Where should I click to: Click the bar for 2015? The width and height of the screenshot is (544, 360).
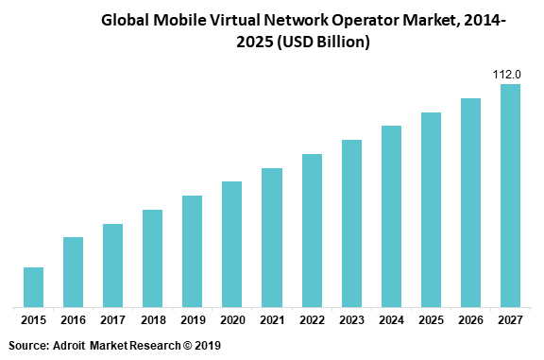point(33,287)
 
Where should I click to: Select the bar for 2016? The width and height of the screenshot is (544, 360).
point(73,272)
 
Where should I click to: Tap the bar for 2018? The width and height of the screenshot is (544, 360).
point(152,258)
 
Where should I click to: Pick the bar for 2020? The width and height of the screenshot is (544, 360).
point(231,244)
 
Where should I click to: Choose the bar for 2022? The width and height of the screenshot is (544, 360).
point(312,231)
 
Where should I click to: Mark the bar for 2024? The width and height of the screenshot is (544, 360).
point(391,216)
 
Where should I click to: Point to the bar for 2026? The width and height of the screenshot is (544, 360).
point(470,202)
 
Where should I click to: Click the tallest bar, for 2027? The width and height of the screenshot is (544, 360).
point(510,196)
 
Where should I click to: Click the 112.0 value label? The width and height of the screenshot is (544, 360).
point(510,74)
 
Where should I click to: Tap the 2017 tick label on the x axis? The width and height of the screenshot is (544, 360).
point(112,320)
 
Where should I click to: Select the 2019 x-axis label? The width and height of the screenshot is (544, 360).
point(192,320)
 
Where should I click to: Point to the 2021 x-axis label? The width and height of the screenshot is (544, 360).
point(272,320)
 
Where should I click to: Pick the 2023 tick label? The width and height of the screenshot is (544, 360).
point(351,320)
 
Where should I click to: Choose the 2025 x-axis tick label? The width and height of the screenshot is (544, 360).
point(431,320)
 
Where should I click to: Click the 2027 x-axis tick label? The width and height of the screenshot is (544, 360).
point(510,320)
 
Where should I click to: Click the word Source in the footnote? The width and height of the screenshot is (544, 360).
point(28,347)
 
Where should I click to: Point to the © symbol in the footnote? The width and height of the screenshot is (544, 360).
point(186,347)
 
